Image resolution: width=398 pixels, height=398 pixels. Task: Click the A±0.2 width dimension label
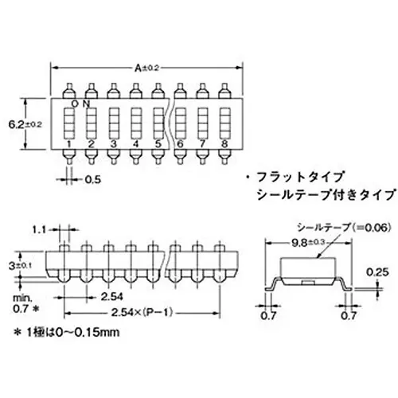(147, 68)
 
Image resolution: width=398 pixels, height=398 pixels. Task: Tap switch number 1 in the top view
(70, 143)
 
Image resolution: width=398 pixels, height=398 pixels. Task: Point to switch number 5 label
(158, 143)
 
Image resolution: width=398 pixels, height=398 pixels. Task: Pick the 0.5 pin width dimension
(92, 179)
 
